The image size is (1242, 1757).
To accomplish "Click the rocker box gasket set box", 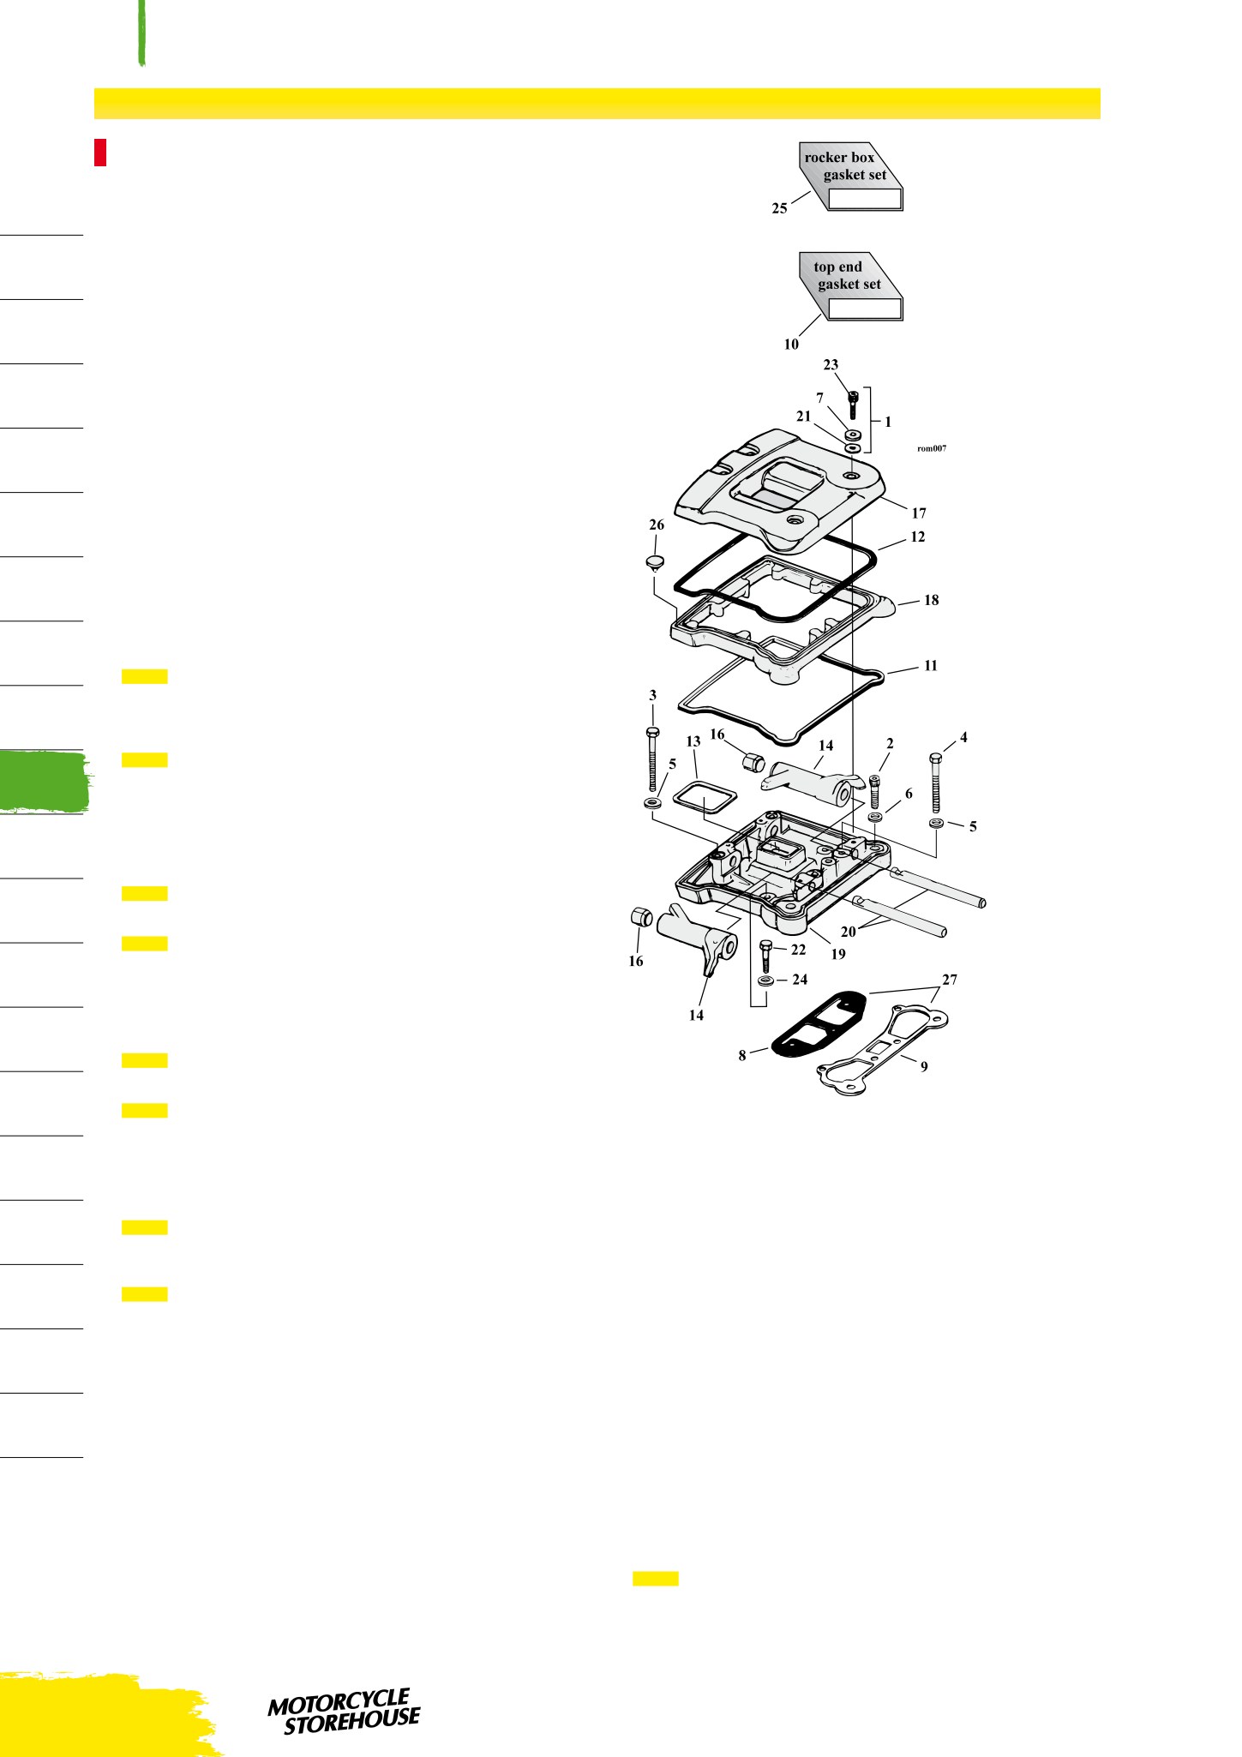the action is coord(851,176).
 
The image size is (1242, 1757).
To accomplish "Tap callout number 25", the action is coord(779,208).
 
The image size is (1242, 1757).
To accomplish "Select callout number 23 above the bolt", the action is coord(831,365).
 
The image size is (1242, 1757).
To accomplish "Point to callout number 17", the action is coord(919,513).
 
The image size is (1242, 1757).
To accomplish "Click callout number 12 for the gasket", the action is coord(918,537).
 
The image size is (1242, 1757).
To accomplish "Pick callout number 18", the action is coord(931,600).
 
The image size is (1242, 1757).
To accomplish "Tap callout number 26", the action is coord(657,525).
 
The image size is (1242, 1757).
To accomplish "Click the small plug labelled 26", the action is coord(656,564).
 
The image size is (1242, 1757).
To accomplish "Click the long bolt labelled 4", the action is coord(936,782).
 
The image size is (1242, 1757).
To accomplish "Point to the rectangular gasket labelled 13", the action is coord(702,797).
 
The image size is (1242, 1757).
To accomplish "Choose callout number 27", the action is coord(950,980).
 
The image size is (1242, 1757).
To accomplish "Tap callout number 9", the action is coord(924,1067).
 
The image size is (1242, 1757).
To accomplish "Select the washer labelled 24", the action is coord(765,980).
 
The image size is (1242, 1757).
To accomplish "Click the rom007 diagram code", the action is coord(932,448).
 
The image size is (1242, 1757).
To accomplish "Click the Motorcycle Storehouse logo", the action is coord(345,1712).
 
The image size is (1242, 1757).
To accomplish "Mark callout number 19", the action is coord(838,954).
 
